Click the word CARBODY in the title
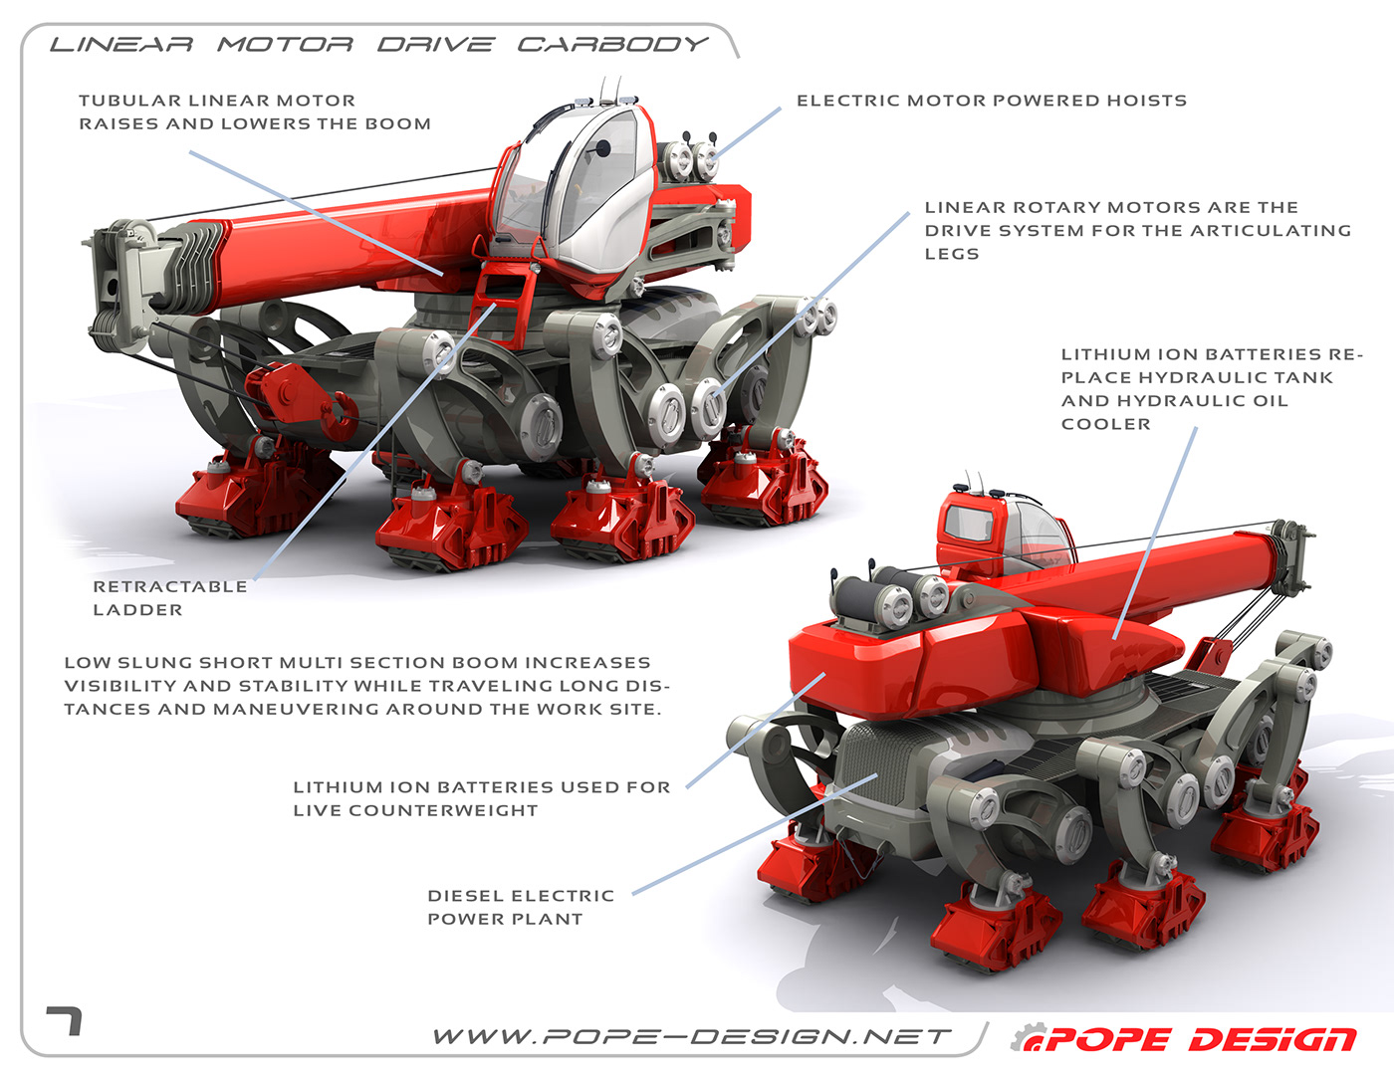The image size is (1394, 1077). click(x=612, y=45)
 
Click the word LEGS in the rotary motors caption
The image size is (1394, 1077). click(x=952, y=254)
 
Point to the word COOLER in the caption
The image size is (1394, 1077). click(x=1105, y=424)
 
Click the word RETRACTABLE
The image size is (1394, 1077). click(x=170, y=587)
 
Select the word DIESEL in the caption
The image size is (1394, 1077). click(x=464, y=896)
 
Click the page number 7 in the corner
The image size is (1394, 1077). click(x=65, y=1020)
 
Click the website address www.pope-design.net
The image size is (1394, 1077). click(x=692, y=1037)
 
